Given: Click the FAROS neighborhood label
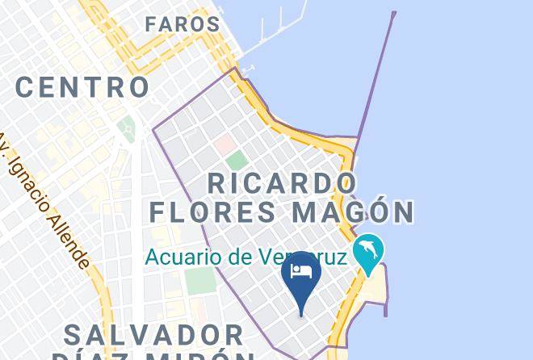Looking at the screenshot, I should click(183, 25).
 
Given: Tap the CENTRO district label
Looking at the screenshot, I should click(82, 86).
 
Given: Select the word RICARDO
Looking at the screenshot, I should click(282, 182).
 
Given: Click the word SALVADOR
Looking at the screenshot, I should click(153, 334).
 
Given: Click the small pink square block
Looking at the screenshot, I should click(224, 145).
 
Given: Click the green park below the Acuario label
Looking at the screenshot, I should click(199, 279).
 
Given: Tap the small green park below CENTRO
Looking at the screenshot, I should click(126, 127).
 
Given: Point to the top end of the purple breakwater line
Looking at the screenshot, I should click(393, 14).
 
